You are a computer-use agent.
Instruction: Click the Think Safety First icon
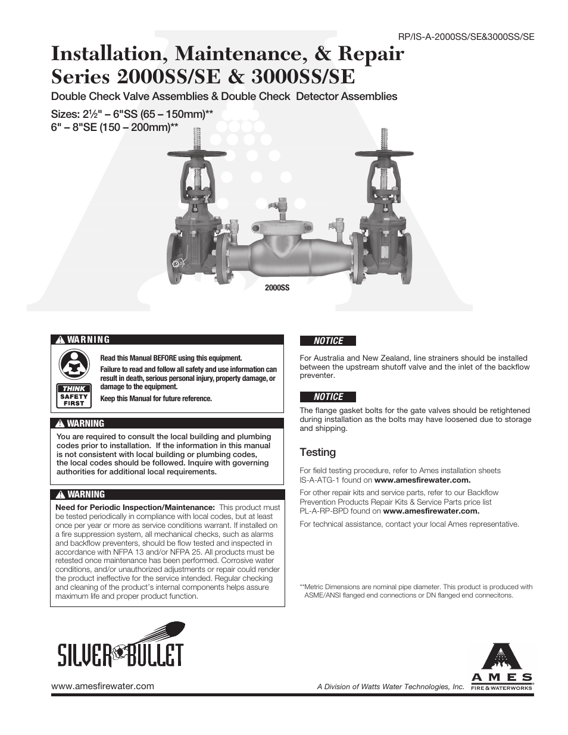[74, 378]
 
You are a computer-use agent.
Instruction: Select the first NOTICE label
[328, 341]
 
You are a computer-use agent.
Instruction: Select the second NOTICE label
[328, 397]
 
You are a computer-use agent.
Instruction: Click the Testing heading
[317, 452]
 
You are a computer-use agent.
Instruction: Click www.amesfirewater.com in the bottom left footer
[102, 686]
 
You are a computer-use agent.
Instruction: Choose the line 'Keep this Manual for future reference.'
[156, 398]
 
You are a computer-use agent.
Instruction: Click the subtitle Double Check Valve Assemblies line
[224, 96]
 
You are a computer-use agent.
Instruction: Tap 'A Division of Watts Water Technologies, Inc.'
[390, 687]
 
